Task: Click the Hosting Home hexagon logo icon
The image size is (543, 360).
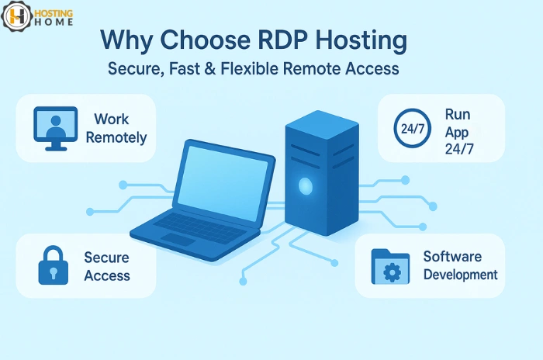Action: click(17, 16)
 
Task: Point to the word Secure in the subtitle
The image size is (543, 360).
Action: click(132, 69)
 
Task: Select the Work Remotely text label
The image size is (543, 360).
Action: click(116, 129)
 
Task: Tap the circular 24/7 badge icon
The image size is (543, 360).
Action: click(412, 128)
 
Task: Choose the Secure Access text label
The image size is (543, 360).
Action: click(107, 266)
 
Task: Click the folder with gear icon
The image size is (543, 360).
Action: click(390, 266)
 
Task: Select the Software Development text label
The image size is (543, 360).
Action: click(460, 266)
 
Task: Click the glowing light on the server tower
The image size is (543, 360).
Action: click(306, 185)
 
